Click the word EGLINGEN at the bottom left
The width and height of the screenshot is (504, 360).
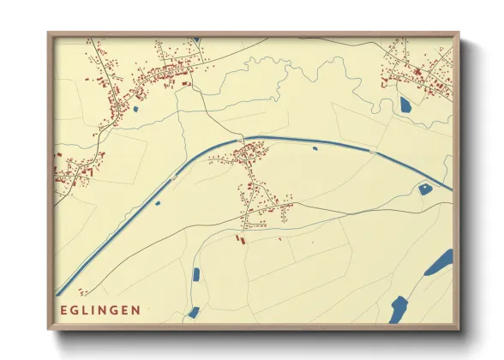pyautogui.click(x=101, y=309)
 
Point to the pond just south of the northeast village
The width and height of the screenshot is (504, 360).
pyautogui.click(x=405, y=105)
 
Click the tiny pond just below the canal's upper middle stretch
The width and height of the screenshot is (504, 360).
pyautogui.click(x=315, y=148)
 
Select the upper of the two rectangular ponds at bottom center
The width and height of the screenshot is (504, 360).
pyautogui.click(x=196, y=275)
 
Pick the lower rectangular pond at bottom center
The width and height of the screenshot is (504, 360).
pyautogui.click(x=194, y=312)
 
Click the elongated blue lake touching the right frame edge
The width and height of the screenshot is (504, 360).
pyautogui.click(x=440, y=262)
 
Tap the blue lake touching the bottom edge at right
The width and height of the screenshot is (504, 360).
pyautogui.click(x=398, y=309)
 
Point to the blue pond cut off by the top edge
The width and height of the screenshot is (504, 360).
pyautogui.click(x=196, y=39)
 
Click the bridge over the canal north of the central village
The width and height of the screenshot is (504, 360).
pyautogui.click(x=242, y=139)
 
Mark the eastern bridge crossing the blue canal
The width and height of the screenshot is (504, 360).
pyautogui.click(x=371, y=151)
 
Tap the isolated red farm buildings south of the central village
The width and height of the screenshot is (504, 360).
pyautogui.click(x=241, y=237)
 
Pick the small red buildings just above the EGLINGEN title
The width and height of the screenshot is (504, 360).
pyautogui.click(x=84, y=291)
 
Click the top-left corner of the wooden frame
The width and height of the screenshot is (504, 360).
pyautogui.click(x=49, y=33)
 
